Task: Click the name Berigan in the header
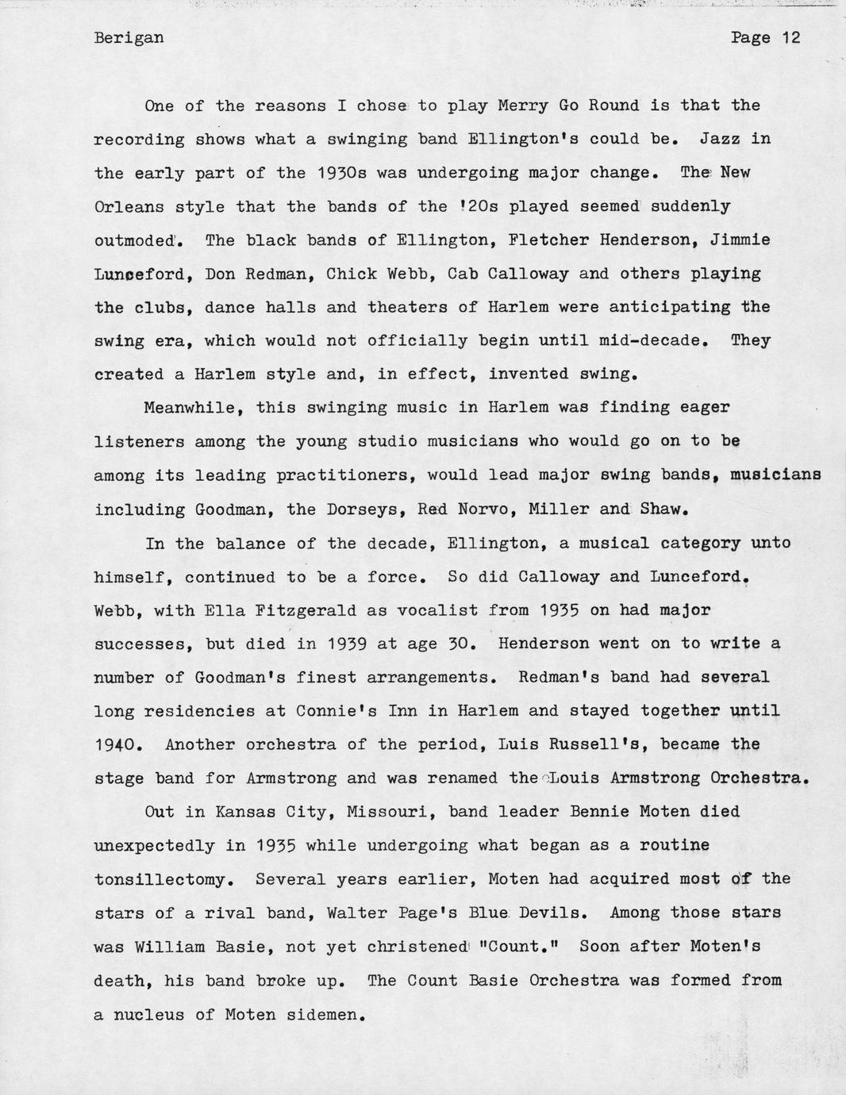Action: [x=129, y=38]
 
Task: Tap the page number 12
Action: [x=790, y=38]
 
